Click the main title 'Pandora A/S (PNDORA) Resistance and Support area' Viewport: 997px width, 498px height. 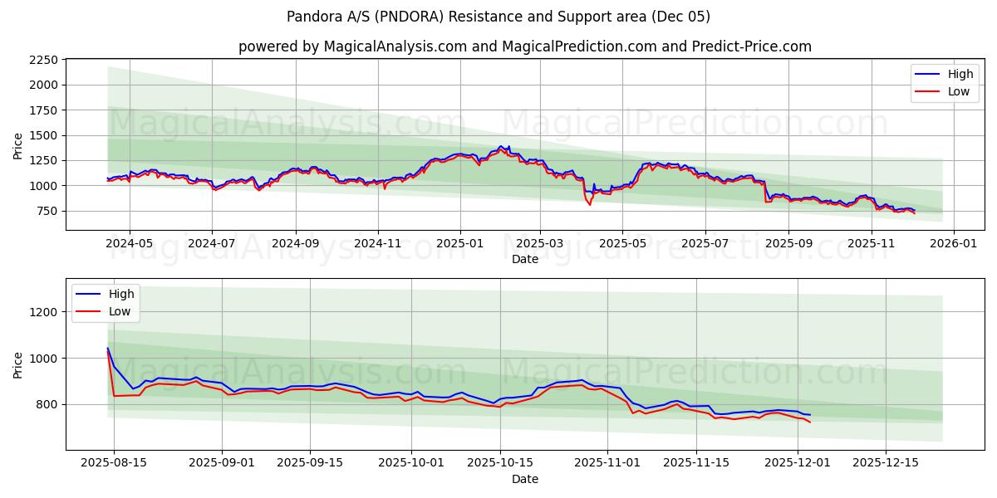click(x=498, y=17)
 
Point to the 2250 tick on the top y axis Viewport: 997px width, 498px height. click(x=42, y=60)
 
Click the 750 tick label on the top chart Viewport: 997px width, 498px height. click(x=46, y=211)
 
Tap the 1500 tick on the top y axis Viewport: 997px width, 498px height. click(x=42, y=135)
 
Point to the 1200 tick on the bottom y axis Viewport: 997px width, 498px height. click(x=42, y=312)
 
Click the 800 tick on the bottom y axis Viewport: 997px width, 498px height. click(x=46, y=405)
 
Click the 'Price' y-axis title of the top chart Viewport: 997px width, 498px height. click(x=18, y=146)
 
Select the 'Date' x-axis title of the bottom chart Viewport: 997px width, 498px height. click(x=524, y=479)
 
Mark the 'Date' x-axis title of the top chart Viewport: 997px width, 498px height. click(x=524, y=259)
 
